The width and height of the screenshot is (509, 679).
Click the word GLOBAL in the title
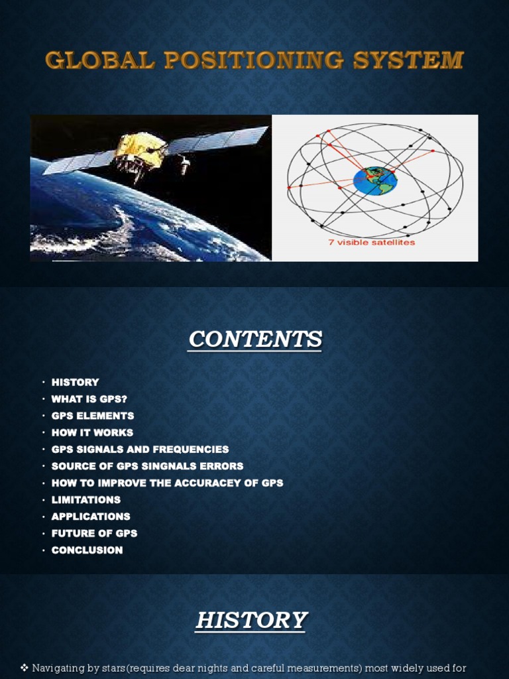click(99, 60)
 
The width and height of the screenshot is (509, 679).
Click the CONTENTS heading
click(255, 339)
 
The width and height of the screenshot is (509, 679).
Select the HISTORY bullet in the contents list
click(75, 382)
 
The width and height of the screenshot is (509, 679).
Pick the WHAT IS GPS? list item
click(89, 399)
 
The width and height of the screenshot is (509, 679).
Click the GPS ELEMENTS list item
click(93, 416)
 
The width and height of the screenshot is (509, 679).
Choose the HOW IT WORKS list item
click(92, 432)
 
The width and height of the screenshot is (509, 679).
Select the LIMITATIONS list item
click(86, 499)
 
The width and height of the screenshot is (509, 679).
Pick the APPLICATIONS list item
click(91, 517)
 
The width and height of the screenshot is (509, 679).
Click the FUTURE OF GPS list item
click(94, 533)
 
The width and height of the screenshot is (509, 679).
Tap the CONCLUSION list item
click(87, 550)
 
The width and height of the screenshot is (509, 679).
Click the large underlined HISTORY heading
click(252, 621)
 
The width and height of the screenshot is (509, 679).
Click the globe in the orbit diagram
click(375, 180)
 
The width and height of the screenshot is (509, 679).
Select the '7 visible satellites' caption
click(371, 242)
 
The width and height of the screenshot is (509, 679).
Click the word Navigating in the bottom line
click(61, 667)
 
